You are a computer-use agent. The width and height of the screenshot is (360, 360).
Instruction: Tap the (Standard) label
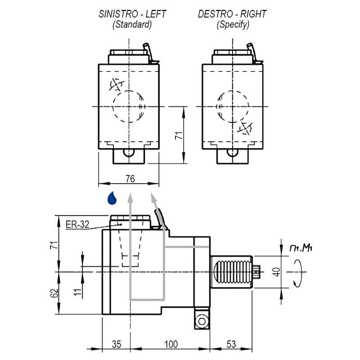(132, 24)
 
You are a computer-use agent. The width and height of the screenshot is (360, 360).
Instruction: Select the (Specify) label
(233, 24)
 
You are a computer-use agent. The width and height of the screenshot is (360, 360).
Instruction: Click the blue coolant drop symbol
(112, 198)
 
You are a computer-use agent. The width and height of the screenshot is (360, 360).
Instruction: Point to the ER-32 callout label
(77, 224)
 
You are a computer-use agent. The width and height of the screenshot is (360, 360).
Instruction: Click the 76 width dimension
(130, 179)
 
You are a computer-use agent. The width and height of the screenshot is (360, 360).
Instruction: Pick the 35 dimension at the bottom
(117, 344)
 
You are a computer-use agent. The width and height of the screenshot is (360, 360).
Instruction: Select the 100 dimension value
(171, 344)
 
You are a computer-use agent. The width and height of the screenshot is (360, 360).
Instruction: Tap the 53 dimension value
(231, 344)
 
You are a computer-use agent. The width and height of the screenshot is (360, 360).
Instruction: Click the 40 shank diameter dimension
(277, 272)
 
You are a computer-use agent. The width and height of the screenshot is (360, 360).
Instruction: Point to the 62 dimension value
(54, 293)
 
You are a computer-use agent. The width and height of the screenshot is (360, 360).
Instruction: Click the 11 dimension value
(77, 292)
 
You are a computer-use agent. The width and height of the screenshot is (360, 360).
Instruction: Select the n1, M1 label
(301, 248)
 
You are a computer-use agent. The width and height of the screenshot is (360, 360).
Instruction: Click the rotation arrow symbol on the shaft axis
(298, 273)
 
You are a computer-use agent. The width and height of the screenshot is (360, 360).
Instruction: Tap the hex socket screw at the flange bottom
(202, 321)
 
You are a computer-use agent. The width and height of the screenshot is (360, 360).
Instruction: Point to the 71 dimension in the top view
(179, 135)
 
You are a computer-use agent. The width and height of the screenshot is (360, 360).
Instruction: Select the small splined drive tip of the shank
(256, 272)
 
